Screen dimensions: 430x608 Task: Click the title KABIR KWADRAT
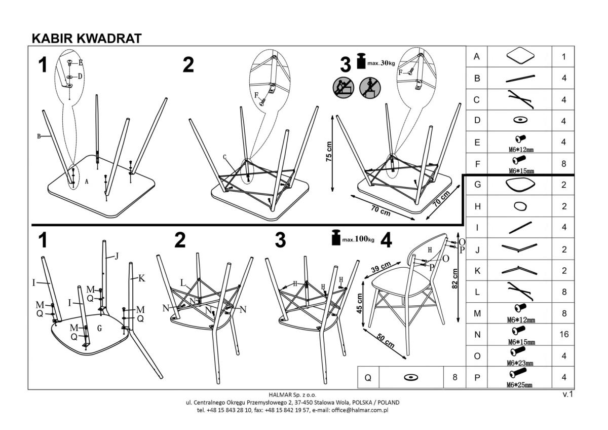(x=86, y=38)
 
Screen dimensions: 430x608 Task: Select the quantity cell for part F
(x=563, y=164)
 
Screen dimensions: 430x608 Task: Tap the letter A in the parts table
(x=476, y=57)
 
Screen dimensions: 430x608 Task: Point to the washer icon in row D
(x=519, y=120)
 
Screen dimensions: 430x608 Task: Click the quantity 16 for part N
(x=563, y=334)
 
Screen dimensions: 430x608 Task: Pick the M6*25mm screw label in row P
(x=519, y=385)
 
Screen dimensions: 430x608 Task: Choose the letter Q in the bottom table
(x=368, y=377)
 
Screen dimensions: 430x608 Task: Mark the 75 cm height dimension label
(x=329, y=151)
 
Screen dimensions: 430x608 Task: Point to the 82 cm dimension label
(x=454, y=278)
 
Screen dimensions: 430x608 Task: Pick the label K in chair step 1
(x=141, y=278)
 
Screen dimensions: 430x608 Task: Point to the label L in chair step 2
(x=183, y=283)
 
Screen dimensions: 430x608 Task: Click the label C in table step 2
(x=224, y=157)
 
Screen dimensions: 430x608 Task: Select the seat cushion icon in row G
(x=519, y=185)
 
